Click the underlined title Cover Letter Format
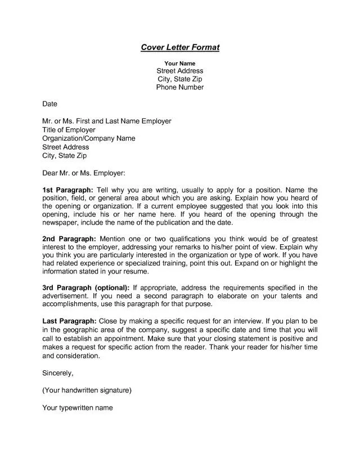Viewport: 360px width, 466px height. click(x=179, y=48)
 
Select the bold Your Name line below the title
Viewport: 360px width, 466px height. click(x=179, y=64)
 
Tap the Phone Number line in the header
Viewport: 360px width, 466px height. click(x=179, y=88)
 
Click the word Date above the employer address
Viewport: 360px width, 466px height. click(x=49, y=104)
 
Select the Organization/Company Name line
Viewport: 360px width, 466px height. click(x=88, y=138)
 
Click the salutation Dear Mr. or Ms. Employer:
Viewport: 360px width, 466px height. click(x=84, y=172)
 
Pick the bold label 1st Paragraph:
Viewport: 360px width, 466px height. click(x=67, y=190)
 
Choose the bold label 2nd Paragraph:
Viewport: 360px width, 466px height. click(x=69, y=239)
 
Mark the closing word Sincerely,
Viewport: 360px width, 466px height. click(x=58, y=373)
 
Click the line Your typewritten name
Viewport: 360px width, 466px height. click(x=78, y=407)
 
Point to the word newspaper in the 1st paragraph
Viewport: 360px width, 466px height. click(x=61, y=223)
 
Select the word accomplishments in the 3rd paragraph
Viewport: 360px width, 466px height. click(x=70, y=304)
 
